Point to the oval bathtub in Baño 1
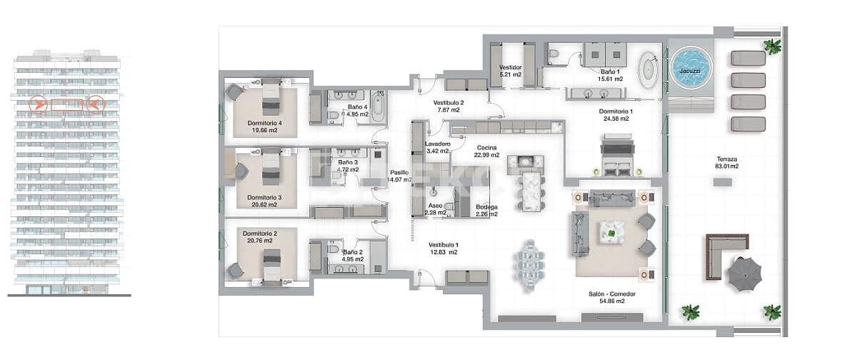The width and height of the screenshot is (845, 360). [649, 70]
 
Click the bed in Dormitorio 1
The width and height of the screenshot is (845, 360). [616, 158]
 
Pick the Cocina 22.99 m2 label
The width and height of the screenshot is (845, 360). [486, 151]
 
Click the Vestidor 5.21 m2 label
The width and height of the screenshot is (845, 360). [511, 71]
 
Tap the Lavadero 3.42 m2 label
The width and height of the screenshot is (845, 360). [436, 147]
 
